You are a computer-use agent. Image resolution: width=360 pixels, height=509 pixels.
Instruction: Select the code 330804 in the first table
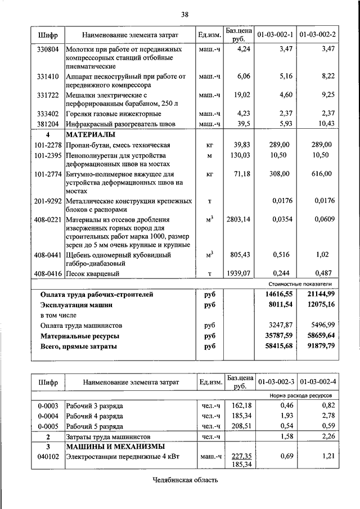click(48, 50)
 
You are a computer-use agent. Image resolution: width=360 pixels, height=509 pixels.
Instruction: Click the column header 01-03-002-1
click(275, 35)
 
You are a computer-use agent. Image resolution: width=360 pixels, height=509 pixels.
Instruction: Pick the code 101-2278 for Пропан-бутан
click(47, 145)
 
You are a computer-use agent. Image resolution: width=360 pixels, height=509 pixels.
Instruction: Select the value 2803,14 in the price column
click(238, 219)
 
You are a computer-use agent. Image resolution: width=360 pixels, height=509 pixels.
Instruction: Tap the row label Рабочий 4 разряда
click(94, 415)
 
